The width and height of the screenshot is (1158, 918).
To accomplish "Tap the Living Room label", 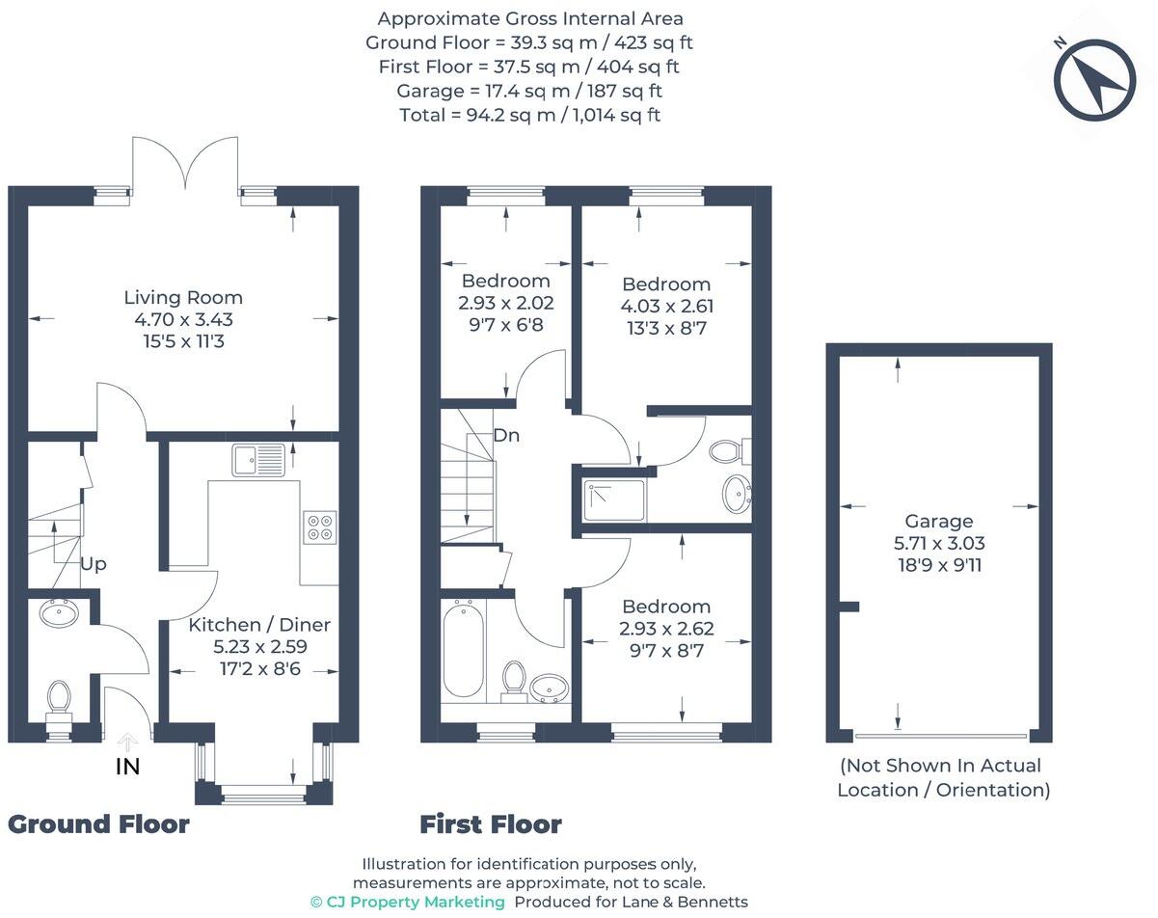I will coord(183,298).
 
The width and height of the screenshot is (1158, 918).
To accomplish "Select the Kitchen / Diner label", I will coord(258,625).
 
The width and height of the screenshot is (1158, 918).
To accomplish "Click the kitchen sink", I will coord(258,460).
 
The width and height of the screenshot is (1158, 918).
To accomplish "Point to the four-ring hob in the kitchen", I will coord(319,526).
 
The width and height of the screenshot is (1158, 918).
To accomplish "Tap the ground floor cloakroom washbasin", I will coord(60,613).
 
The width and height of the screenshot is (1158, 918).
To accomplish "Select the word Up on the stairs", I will coord(94,563).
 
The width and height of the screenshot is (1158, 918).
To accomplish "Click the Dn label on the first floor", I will coord(506,435).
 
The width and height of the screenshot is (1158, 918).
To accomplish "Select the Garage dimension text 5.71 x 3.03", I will coord(938,543).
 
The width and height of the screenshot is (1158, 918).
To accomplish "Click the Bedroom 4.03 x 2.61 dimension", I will coord(666,307).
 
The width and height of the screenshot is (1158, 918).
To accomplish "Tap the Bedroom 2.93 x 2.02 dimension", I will coord(506,302).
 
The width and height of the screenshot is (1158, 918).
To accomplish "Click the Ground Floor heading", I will coord(98,823).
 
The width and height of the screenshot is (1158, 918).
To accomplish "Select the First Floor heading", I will coord(490,824).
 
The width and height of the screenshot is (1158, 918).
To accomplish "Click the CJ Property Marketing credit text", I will coord(407,902).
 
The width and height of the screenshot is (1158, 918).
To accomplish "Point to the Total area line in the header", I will coord(529,115).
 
